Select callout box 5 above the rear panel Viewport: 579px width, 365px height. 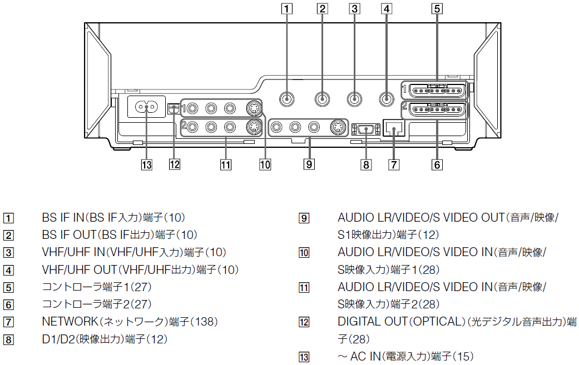pos(437,8)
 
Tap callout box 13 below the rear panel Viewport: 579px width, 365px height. pos(146,164)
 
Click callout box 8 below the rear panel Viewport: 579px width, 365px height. pos(365,164)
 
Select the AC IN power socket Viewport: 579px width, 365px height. pos(147,107)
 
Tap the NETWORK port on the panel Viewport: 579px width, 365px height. pos(394,129)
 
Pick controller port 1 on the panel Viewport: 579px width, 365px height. pos(437,91)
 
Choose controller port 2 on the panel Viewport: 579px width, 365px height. pos(437,109)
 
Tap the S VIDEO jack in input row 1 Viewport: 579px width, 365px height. pos(253,107)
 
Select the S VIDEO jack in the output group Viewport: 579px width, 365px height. pos(337,128)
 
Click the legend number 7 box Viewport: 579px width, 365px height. pos(8,322)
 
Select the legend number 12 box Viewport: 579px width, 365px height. pos(304,322)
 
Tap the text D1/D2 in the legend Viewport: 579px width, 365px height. pos(57,338)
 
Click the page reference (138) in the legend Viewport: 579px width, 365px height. pos(204,322)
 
